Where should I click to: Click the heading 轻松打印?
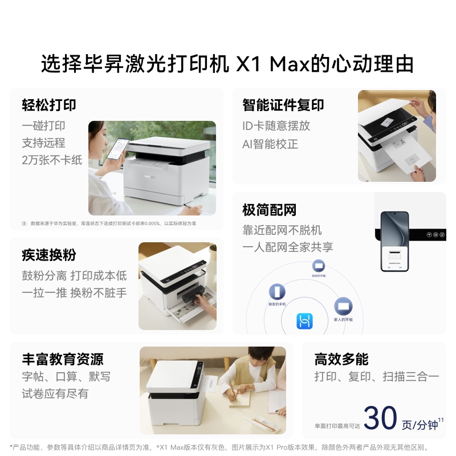[x=49, y=105]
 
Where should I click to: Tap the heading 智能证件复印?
[x=283, y=105]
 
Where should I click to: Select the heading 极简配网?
[x=269, y=210]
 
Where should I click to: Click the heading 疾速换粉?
[x=49, y=255]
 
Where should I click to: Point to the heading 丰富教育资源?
[x=63, y=359]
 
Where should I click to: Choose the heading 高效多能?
[x=341, y=359]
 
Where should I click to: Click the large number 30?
[x=380, y=418]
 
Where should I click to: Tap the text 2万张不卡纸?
[x=52, y=160]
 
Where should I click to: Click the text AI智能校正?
[x=270, y=144]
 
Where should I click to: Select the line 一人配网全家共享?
[x=287, y=247]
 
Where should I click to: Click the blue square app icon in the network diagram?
[x=304, y=321]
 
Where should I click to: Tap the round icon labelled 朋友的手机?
[x=277, y=292]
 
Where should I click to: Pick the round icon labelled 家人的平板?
[x=343, y=307]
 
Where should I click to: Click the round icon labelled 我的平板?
[x=318, y=266]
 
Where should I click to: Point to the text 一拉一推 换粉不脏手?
[x=74, y=293]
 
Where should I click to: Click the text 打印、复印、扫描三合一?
[x=376, y=376]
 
